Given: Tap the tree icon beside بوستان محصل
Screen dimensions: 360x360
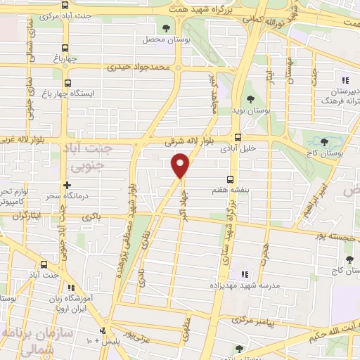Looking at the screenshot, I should coord(166,29).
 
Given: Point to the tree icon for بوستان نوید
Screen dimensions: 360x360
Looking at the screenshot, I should coord(252,100).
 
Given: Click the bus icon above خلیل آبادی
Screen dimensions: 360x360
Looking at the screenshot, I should coord(238,138).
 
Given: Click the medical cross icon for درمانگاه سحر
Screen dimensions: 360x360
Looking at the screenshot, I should coord(67,186).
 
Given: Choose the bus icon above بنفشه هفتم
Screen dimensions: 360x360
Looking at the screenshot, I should coord(229,179).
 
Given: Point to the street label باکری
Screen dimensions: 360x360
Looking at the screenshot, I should coord(91,217).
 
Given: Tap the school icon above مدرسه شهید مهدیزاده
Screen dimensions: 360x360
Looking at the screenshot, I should coord(245,274).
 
